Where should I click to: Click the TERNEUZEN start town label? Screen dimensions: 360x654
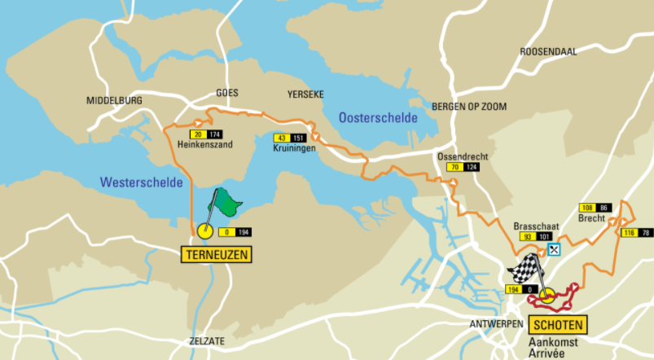tap(216, 254)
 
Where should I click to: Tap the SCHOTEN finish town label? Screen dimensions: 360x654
tap(558, 323)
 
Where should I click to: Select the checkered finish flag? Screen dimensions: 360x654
tap(525, 267)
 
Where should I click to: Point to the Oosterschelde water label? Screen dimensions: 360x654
tap(376, 118)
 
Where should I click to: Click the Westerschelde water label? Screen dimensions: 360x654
tap(142, 182)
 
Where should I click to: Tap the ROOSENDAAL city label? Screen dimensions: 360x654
tap(547, 50)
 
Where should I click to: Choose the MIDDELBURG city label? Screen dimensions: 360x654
tap(114, 100)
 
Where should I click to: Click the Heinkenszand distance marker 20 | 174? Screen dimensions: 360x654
tap(206, 134)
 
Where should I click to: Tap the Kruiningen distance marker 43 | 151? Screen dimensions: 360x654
tap(289, 138)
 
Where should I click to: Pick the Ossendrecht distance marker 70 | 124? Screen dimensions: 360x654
tap(462, 167)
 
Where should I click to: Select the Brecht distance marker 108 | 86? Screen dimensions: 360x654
tap(595, 208)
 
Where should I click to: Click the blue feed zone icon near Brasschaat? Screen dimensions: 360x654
tap(555, 249)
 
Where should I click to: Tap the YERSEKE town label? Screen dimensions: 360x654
tap(305, 93)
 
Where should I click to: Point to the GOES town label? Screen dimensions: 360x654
tap(227, 93)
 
